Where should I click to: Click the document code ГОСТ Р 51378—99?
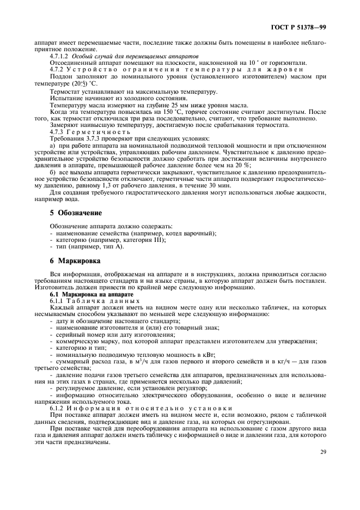[x=301, y=27]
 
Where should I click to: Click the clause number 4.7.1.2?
[x=59, y=56]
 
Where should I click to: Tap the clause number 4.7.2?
[x=57, y=69]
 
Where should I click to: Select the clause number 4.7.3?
[x=57, y=132]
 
